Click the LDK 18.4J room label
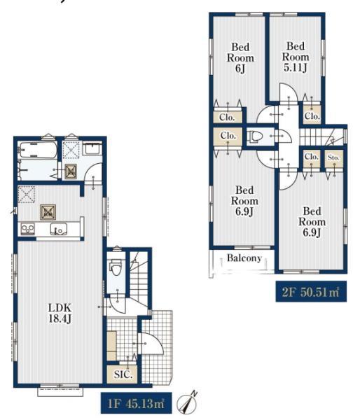[60, 313]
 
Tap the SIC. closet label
[123, 374]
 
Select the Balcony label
[244, 258]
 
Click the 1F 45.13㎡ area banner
[136, 403]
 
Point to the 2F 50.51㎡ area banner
[311, 291]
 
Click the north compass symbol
[188, 402]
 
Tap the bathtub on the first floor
[37, 150]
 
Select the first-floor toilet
[116, 267]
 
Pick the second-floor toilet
[255, 136]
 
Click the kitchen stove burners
[27, 230]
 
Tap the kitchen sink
[59, 230]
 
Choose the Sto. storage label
[333, 157]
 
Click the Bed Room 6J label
[240, 58]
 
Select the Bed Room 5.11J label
[296, 57]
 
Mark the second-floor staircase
[321, 137]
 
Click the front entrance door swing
[152, 344]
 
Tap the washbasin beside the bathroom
[92, 149]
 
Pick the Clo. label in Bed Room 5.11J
[312, 116]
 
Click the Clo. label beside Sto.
[312, 156]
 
